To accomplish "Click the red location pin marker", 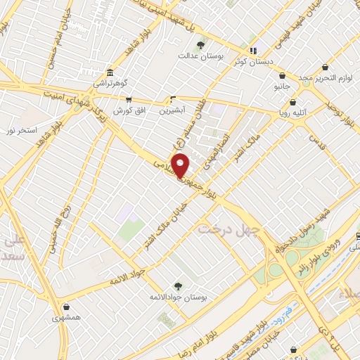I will coord(181,165).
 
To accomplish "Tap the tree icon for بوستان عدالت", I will coord(201,44).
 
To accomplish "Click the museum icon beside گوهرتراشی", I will coord(110,72).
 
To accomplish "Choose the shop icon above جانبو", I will coord(282,76).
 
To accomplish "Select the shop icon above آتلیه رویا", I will coord(292,102).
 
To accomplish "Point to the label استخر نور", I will coord(21,131).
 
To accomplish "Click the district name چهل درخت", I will coord(229,229).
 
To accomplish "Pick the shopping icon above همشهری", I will coord(66,307).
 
